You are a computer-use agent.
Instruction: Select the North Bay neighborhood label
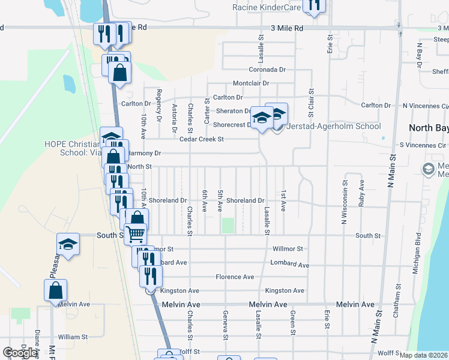tap(428, 128)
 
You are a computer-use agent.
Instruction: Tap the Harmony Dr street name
tap(144, 154)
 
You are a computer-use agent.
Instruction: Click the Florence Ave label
tap(235, 277)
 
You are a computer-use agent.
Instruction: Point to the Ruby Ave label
tap(361, 194)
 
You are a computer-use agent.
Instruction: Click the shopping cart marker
tap(136, 233)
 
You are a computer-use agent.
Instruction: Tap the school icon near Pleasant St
tap(68, 244)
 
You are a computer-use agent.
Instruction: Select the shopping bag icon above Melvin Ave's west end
tap(55, 290)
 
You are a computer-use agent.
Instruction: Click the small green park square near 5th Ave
tap(228, 226)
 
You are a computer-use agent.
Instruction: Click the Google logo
tap(20, 353)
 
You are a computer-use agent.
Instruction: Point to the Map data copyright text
tap(423, 355)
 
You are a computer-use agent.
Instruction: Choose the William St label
tap(73, 337)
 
